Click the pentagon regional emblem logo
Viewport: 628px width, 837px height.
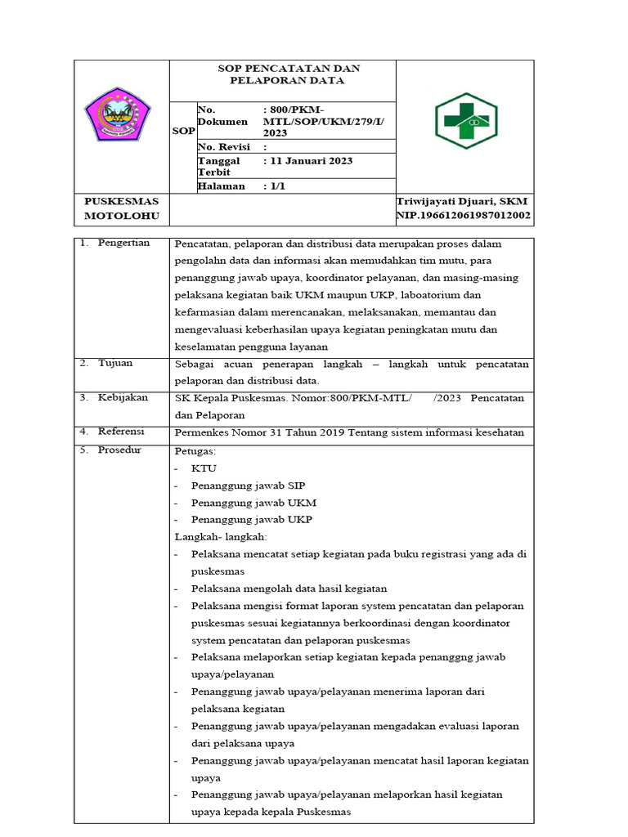pos(118,114)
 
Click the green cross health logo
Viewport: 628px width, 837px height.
pos(464,120)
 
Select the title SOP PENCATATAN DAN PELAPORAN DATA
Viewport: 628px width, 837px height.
pos(281,74)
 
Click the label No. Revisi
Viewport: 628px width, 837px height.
pos(224,146)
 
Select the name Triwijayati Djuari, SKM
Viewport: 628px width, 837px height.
pos(462,201)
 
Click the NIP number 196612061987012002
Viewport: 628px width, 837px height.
pos(463,216)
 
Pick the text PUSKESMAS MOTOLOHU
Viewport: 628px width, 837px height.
pos(122,208)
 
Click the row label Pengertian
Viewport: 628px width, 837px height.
pos(123,244)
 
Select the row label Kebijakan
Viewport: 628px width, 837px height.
pos(123,397)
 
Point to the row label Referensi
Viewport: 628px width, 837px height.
pos(121,432)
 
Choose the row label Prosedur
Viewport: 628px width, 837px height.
pos(119,450)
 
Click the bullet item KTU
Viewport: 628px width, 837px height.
pos(200,468)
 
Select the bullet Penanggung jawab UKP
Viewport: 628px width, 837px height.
pos(251,520)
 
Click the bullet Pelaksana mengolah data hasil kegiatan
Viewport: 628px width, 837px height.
pos(289,589)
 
